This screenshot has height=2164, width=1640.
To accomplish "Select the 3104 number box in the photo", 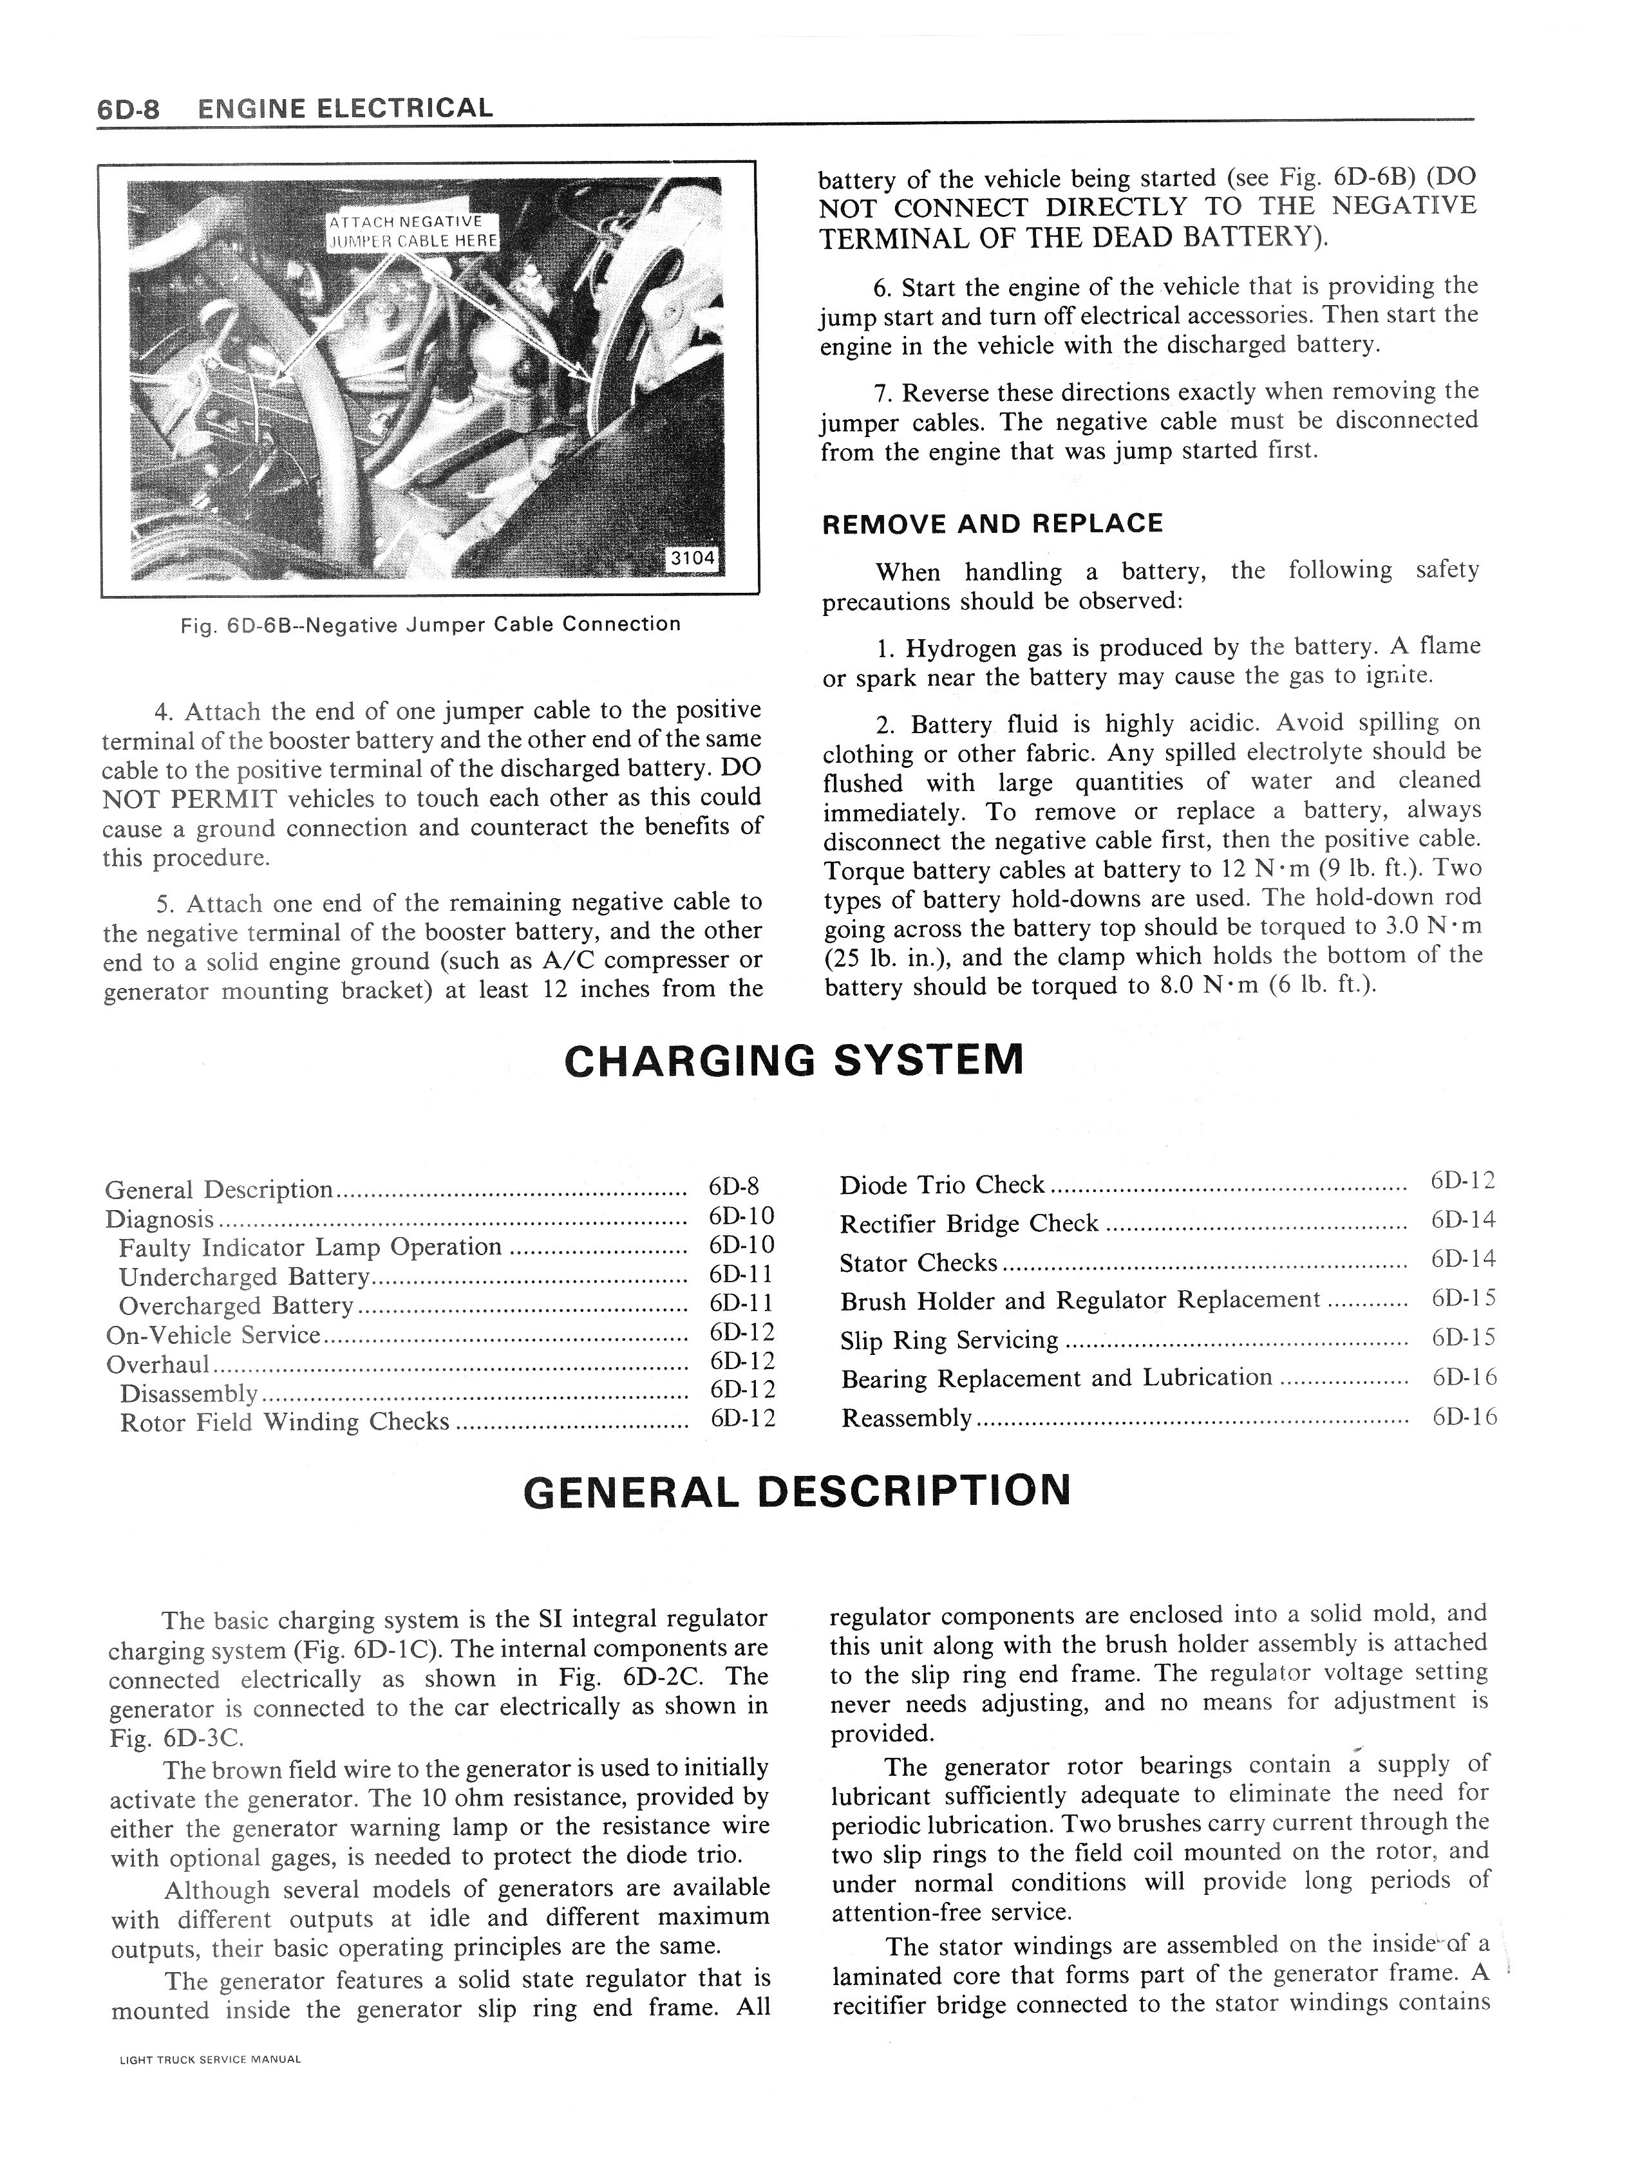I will tap(692, 557).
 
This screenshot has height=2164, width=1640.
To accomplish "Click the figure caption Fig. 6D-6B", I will tap(431, 624).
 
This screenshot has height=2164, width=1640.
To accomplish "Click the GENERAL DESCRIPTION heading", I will tap(798, 1491).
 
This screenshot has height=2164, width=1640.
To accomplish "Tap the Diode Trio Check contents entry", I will tap(941, 1185).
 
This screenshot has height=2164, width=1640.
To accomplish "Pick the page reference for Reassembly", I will tap(1464, 1417).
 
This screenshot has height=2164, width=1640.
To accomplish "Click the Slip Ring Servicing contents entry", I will tap(949, 1339).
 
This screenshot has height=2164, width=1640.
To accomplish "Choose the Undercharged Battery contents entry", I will tap(243, 1276).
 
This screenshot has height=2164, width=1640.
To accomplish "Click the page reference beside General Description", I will tap(734, 1187).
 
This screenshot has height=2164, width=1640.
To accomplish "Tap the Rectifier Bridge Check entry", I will tap(968, 1224).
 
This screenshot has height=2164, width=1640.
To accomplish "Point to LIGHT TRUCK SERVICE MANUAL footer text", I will tap(209, 2059).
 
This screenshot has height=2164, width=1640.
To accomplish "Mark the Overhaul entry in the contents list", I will tap(158, 1364).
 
